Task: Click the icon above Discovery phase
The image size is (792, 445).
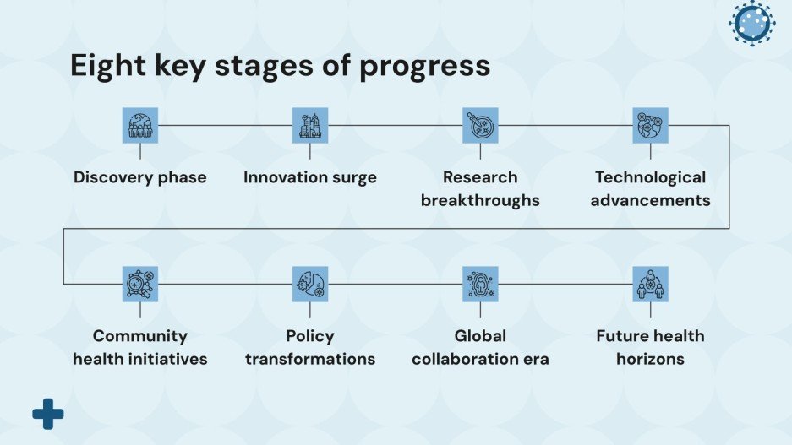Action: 140,125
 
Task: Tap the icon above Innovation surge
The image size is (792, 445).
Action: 310,125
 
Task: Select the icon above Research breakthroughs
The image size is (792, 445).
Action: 480,125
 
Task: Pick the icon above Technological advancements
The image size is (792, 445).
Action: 651,125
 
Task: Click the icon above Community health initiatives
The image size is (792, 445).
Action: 140,284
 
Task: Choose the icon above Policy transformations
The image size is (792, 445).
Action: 310,284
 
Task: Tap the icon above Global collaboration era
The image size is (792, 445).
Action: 480,284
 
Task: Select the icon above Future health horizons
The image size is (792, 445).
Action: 651,284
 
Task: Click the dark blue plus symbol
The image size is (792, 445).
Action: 48,415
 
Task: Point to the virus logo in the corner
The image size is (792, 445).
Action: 752,23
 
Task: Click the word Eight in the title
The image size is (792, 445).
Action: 108,66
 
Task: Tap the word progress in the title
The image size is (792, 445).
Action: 425,67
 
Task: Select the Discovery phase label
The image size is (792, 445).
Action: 140,177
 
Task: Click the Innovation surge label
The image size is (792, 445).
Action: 310,177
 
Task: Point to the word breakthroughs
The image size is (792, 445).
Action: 480,200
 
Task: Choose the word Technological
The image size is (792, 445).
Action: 651,177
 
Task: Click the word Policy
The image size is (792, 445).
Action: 310,337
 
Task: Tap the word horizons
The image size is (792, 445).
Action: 651,359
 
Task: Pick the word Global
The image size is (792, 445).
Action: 480,336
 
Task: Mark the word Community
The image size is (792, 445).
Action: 140,337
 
